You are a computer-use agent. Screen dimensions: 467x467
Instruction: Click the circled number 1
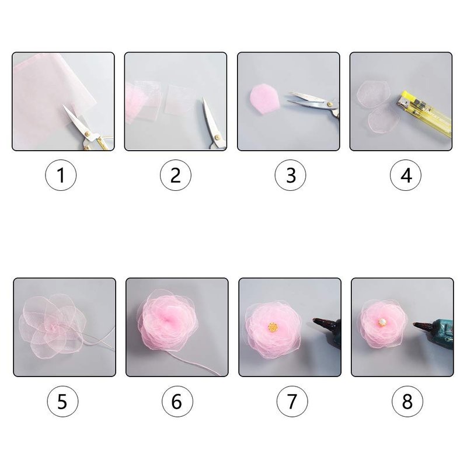click(x=61, y=175)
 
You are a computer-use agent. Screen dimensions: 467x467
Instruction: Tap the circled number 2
click(x=176, y=175)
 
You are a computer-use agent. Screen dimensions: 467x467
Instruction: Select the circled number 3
click(x=290, y=175)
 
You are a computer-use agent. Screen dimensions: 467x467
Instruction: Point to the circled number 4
click(x=406, y=175)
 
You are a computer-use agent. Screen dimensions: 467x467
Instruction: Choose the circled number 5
click(x=62, y=402)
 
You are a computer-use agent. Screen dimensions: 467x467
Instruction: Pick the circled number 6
click(x=177, y=402)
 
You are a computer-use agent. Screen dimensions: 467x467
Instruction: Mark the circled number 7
click(x=292, y=402)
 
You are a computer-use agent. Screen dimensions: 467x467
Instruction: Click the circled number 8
click(x=407, y=402)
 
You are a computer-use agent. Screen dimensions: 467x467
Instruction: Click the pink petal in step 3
click(x=264, y=99)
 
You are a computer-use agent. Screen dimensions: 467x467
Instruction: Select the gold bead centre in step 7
click(x=273, y=327)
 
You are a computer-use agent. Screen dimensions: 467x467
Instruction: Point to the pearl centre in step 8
click(x=382, y=322)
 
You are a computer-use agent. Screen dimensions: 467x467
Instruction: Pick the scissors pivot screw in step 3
click(x=329, y=104)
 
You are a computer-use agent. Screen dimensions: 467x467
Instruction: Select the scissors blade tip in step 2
click(x=204, y=98)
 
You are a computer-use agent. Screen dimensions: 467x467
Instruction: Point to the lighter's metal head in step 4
click(x=402, y=101)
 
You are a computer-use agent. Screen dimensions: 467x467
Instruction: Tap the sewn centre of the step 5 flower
click(x=54, y=327)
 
